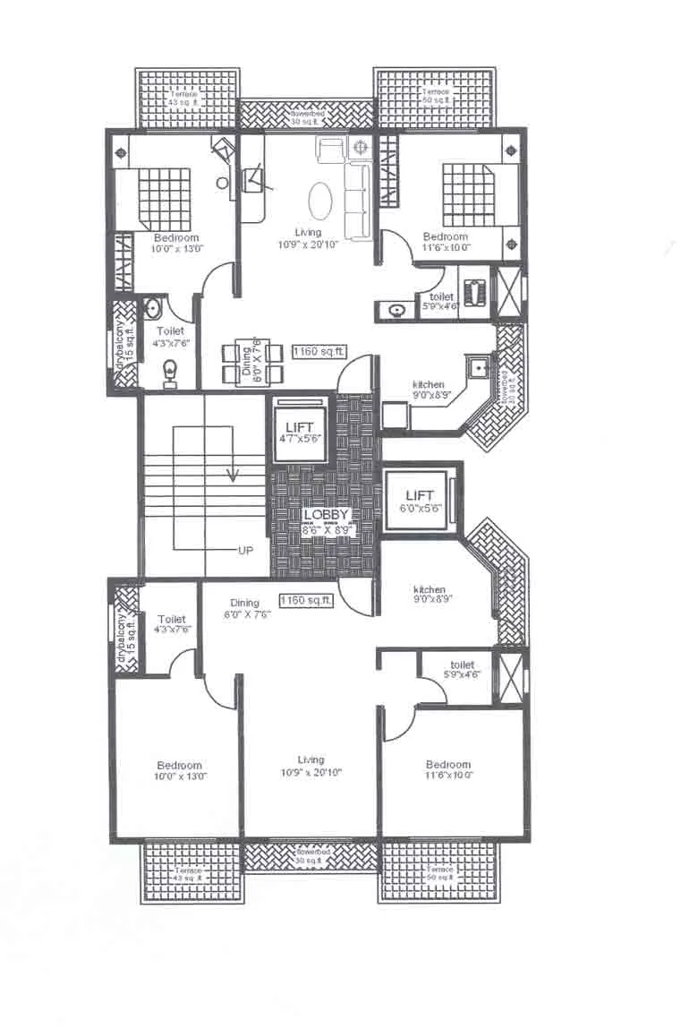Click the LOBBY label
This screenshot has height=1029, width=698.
(x=326, y=515)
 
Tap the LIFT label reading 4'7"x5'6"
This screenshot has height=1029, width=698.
(x=300, y=427)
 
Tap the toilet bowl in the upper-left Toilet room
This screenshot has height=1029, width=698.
(x=169, y=370)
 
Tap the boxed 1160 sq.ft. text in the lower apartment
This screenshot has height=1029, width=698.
(x=306, y=600)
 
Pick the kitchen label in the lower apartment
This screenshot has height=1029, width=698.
(x=430, y=589)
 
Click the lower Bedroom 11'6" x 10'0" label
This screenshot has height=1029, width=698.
(x=447, y=769)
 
